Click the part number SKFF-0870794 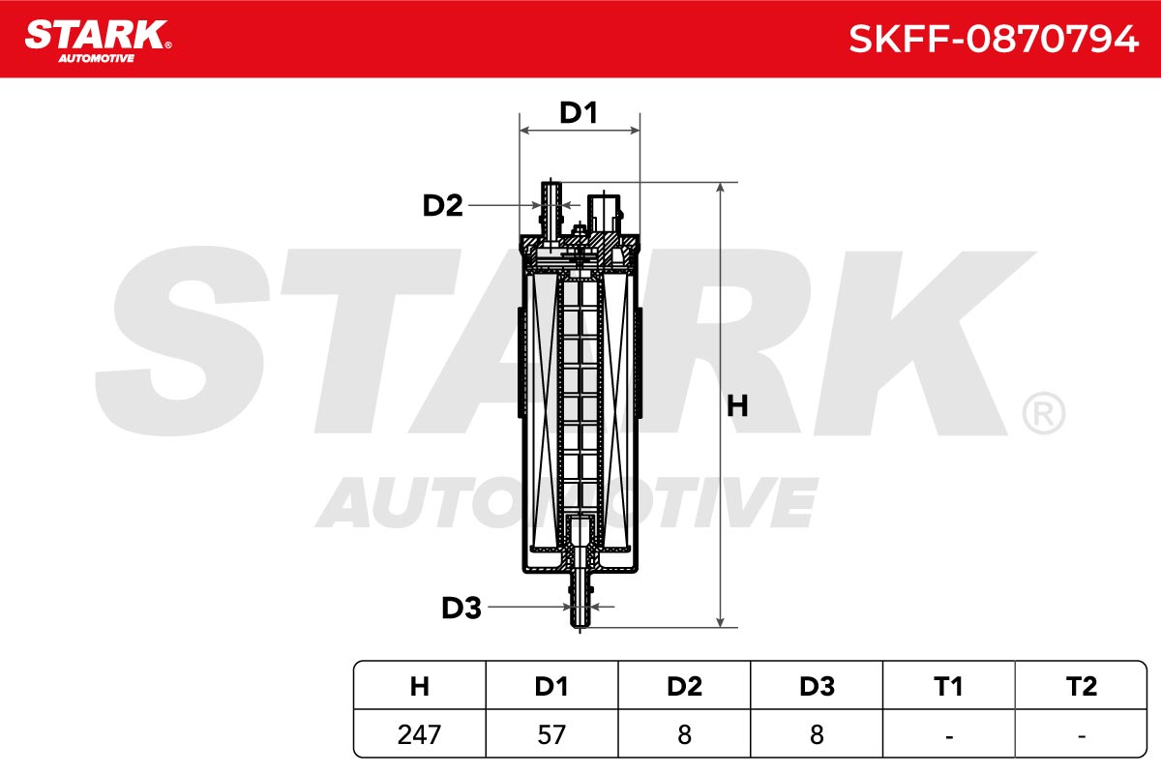(993, 40)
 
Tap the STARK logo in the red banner (98, 41)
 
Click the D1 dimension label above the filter (579, 112)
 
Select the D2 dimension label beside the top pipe (442, 205)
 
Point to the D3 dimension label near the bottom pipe (461, 608)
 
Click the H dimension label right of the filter (737, 406)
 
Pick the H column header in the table (419, 686)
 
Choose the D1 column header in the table (551, 686)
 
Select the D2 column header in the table (684, 686)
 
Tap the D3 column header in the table (817, 686)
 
